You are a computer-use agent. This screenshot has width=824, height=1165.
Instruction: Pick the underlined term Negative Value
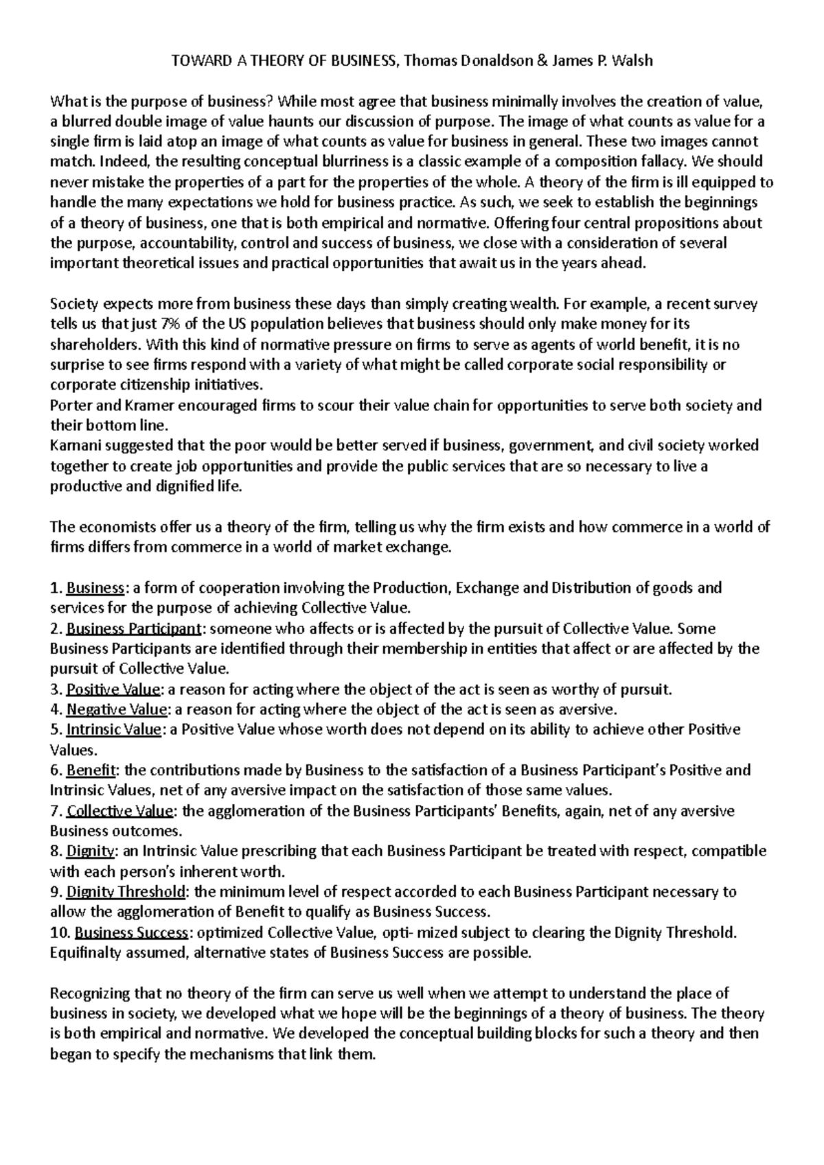click(117, 709)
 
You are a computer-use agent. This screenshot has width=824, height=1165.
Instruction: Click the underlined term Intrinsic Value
click(114, 730)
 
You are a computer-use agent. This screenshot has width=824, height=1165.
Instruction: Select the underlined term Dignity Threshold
click(126, 892)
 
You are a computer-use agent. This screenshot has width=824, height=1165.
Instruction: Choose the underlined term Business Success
click(131, 933)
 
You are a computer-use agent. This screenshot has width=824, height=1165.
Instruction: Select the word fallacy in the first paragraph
click(664, 163)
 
